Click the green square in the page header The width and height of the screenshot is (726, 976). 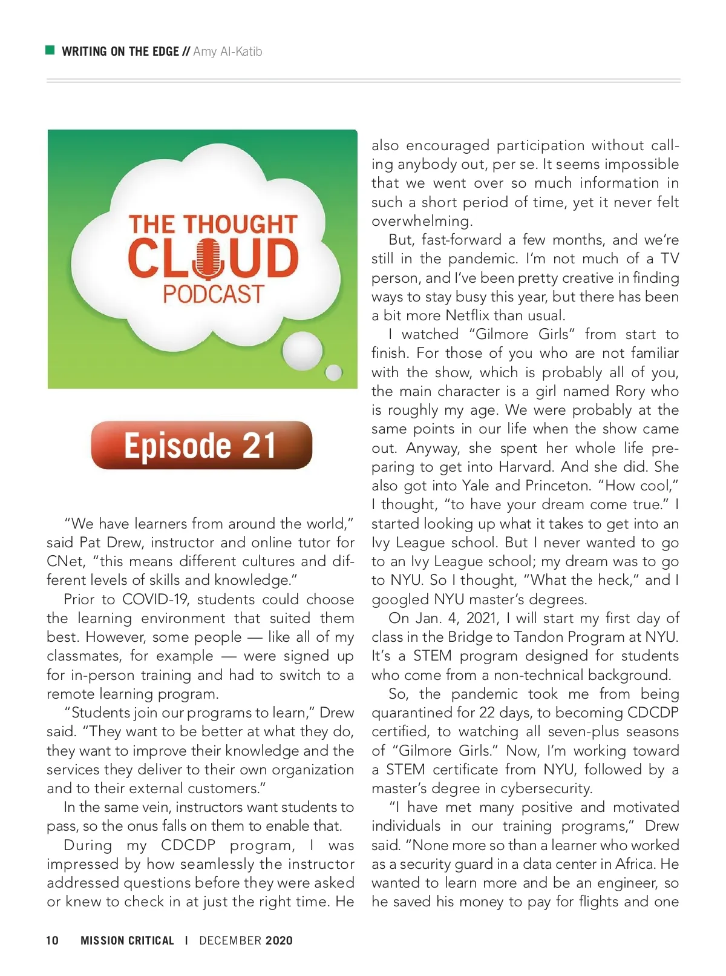pos(50,50)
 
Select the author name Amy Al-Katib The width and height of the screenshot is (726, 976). pos(227,51)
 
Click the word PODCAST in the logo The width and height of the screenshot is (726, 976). pos(213,294)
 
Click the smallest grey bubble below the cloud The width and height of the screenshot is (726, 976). pos(333,372)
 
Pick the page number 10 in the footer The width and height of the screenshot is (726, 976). pos(53,940)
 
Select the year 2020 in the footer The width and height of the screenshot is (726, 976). pos(279,940)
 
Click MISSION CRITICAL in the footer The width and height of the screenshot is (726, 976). pos(127,940)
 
